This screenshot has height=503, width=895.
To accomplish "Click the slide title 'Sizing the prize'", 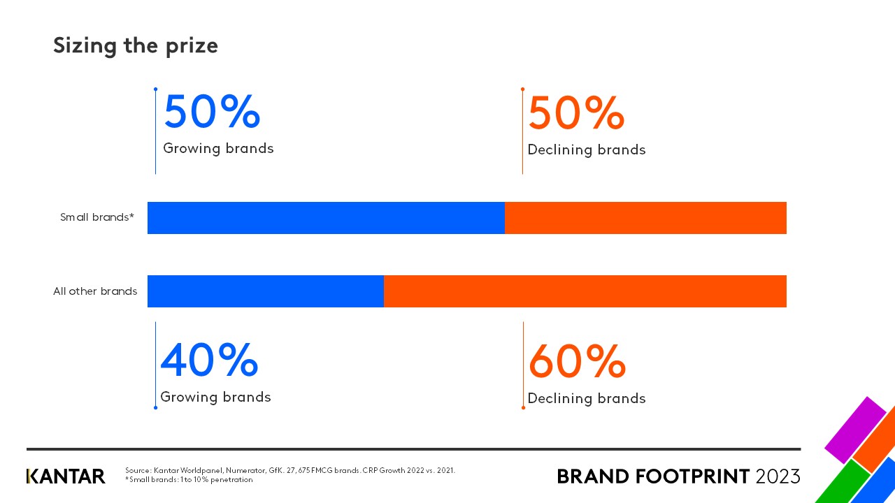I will coord(136,45).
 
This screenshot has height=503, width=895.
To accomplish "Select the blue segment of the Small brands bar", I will coord(326,218).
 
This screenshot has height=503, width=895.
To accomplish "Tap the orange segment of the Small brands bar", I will coord(645,218).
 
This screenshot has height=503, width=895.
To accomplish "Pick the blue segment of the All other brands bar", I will coord(266,291).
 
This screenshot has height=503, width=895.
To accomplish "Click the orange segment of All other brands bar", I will coord(585,291).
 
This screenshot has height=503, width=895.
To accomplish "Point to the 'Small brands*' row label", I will coord(96,217).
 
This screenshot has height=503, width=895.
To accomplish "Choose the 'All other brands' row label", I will coord(95,291).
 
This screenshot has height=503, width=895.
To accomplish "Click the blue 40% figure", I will coord(209,360).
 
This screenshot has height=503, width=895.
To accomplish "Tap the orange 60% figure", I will coord(577,361).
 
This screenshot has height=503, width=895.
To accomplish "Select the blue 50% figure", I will coord(212,112).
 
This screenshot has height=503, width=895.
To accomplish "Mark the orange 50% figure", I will coord(576,113).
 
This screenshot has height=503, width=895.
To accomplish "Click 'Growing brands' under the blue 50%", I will coord(218,149).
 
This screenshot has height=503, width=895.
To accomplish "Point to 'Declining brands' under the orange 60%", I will coord(587,399).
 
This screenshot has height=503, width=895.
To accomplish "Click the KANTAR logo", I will coord(66,476).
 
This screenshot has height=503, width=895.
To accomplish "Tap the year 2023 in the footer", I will coord(778,476).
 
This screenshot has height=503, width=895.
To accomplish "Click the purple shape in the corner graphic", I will coord(855,429).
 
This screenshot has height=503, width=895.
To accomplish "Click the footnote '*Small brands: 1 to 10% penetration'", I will coord(189,480).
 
